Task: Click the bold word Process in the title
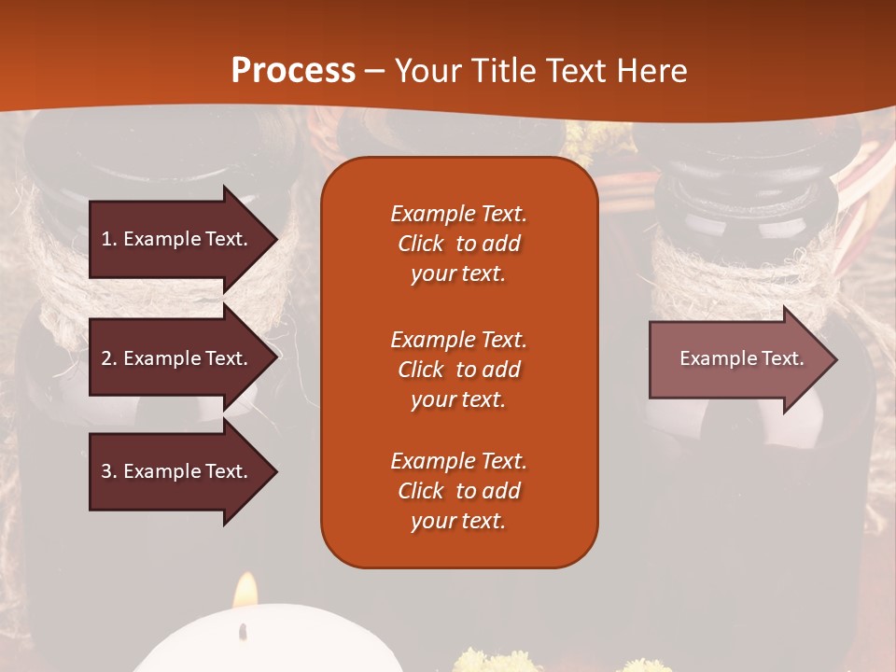(x=293, y=70)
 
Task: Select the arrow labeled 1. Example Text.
(x=175, y=239)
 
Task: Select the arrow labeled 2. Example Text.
(x=175, y=358)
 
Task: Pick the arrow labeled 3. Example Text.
(x=175, y=471)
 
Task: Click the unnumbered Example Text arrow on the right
(x=741, y=358)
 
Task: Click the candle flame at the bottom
(x=245, y=591)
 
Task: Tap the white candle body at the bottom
(x=271, y=644)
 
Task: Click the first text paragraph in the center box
(x=458, y=244)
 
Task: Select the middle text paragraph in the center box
(x=458, y=370)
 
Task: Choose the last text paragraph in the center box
(x=458, y=491)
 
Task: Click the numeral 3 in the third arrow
(x=105, y=471)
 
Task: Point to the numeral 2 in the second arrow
(x=105, y=358)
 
